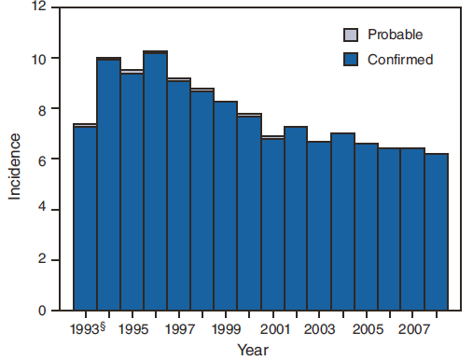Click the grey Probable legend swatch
351,35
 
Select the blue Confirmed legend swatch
351,59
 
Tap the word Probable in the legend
396,35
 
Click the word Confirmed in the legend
399,59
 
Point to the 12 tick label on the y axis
37,7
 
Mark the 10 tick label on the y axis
37,58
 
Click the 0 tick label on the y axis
41,311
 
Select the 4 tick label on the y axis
41,210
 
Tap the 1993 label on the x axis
85,329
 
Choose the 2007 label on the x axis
412,329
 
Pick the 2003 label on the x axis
319,329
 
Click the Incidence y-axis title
14,167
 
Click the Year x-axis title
252,350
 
